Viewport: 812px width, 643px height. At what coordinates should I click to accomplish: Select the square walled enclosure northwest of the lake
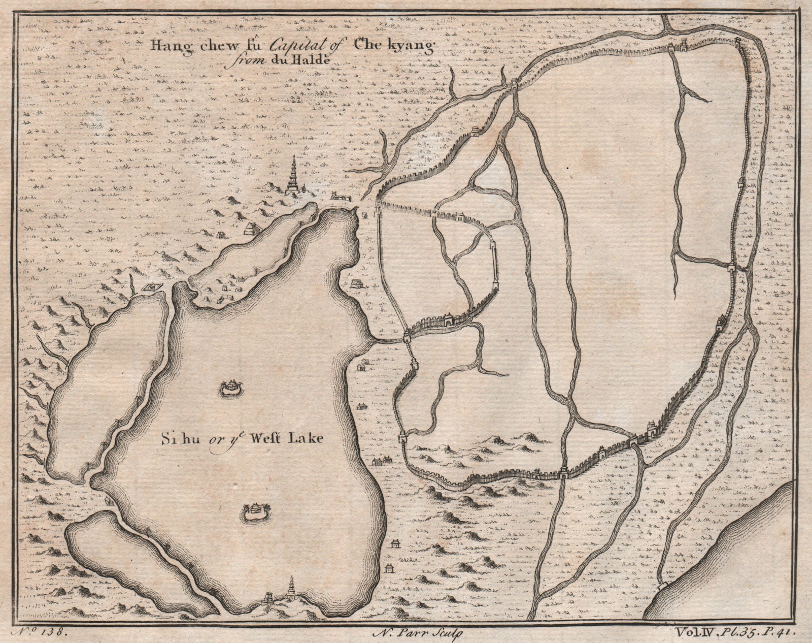pyautogui.click(x=151, y=288)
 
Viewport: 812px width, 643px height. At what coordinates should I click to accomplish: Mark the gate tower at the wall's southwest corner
pyautogui.click(x=403, y=437)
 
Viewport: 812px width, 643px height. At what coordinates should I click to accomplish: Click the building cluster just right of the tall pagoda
pyautogui.click(x=340, y=196)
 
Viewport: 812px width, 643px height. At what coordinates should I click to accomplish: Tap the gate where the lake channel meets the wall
pyautogui.click(x=408, y=335)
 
